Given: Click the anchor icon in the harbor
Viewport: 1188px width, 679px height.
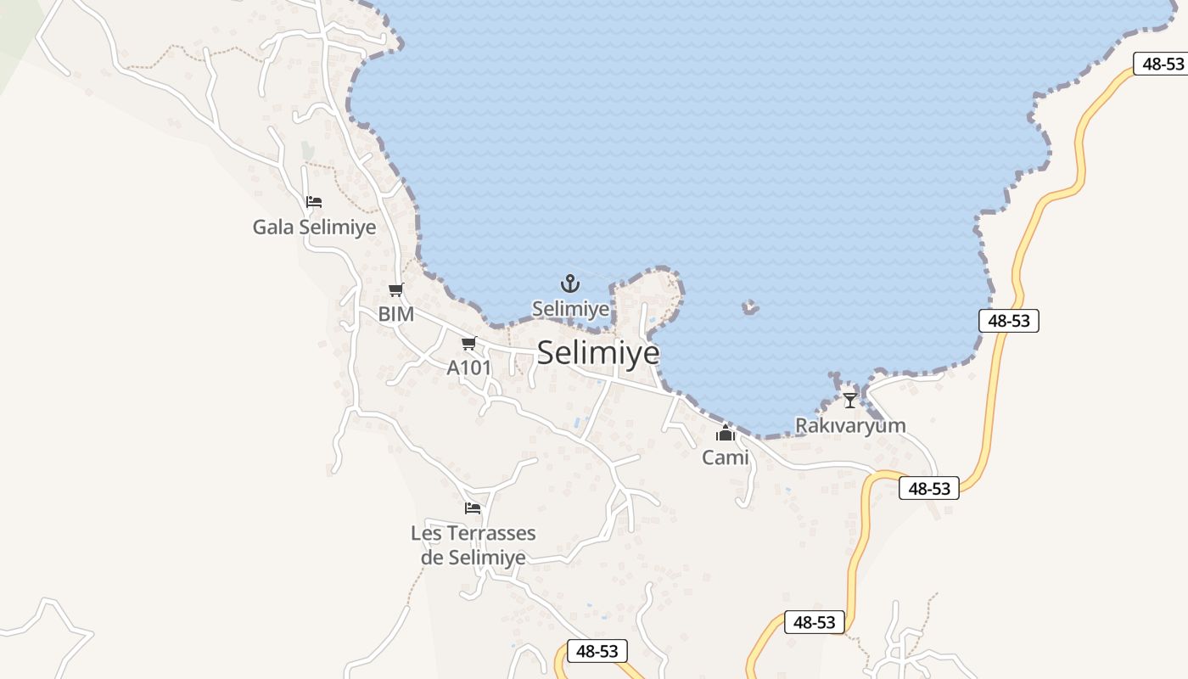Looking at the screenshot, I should tap(570, 283).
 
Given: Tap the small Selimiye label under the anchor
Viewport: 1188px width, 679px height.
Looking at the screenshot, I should tap(570, 309).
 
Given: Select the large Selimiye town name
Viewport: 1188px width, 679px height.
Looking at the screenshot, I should tap(598, 352).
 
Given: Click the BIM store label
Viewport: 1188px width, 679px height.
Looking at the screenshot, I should tap(396, 314).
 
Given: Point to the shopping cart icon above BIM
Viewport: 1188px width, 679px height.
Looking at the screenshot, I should tap(396, 290).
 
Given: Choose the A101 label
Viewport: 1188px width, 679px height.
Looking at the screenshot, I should tap(469, 368).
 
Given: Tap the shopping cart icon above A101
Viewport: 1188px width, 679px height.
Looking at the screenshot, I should tap(468, 344).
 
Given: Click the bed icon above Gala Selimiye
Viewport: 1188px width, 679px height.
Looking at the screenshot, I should tap(314, 202).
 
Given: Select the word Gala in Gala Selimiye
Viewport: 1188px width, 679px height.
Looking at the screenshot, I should tap(270, 227).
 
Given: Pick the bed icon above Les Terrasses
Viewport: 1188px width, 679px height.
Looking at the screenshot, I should tap(473, 508).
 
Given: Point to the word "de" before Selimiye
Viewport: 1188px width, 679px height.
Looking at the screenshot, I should tap(432, 558).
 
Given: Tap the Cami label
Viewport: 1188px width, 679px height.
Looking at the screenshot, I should tap(726, 457).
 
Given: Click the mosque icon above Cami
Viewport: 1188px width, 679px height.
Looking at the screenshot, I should tap(726, 434).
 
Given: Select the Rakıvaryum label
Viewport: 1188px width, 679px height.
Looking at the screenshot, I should tap(850, 425).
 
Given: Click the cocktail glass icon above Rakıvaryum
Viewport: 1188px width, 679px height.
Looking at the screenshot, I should tap(850, 400).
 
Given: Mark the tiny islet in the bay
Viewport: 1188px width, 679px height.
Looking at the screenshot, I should tap(750, 307).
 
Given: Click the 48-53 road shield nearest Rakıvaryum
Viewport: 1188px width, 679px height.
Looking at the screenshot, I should tap(929, 488).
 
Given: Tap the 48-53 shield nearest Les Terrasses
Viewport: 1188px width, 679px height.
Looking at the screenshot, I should tap(597, 651).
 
